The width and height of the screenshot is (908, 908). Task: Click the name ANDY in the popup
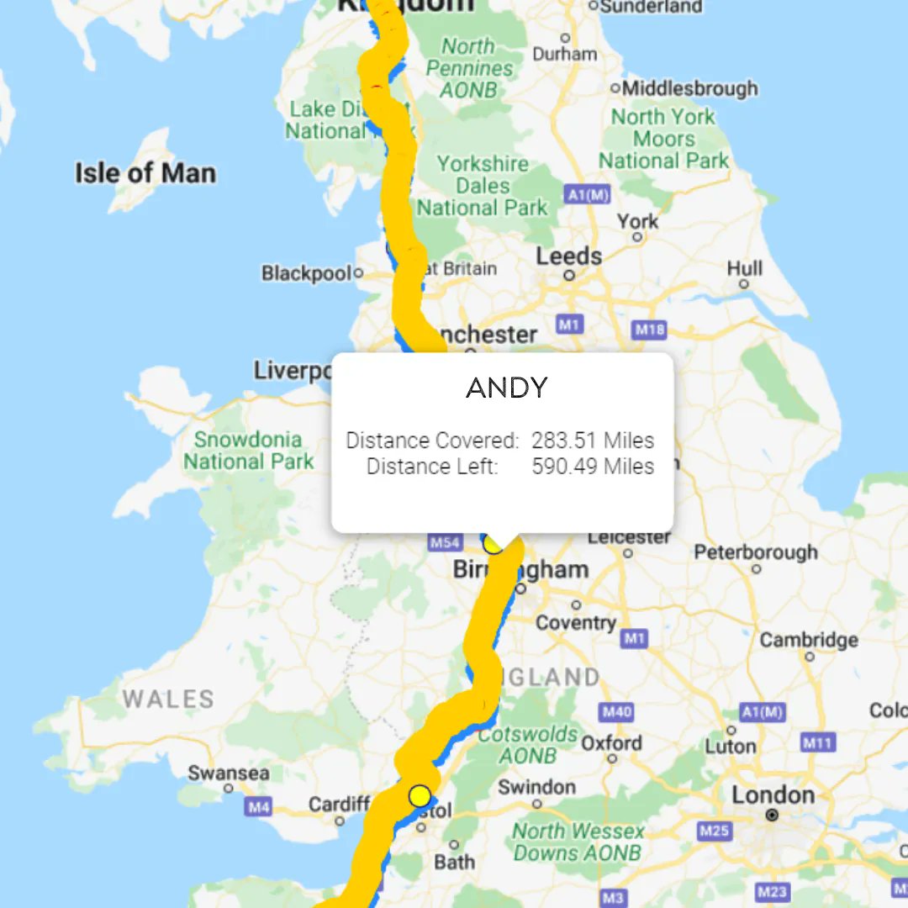506,388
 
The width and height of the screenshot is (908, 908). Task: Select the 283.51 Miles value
593,441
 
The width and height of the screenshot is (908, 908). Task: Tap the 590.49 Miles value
593,466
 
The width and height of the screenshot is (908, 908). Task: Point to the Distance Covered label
432,441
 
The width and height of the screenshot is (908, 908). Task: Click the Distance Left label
432,466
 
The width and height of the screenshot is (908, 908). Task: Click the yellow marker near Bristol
420,795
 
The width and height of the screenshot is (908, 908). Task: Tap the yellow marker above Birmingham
494,544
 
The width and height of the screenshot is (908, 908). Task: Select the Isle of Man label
145,173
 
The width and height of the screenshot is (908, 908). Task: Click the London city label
773,794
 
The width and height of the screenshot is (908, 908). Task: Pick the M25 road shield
714,831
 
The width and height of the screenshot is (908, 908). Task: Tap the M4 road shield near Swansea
258,807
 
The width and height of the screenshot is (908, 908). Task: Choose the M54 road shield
445,542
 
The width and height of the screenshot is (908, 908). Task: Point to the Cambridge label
809,640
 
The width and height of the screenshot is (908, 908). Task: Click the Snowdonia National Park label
248,450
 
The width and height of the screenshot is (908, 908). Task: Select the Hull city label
745,268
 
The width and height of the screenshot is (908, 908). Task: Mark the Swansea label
229,773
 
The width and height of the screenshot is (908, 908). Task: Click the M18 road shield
650,330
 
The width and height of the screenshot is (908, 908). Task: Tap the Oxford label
611,743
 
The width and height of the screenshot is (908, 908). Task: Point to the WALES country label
168,699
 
